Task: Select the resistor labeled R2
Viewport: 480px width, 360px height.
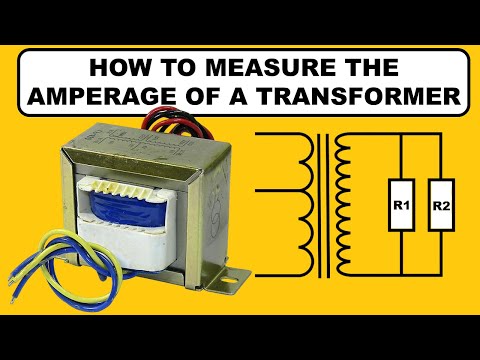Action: tap(440, 207)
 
